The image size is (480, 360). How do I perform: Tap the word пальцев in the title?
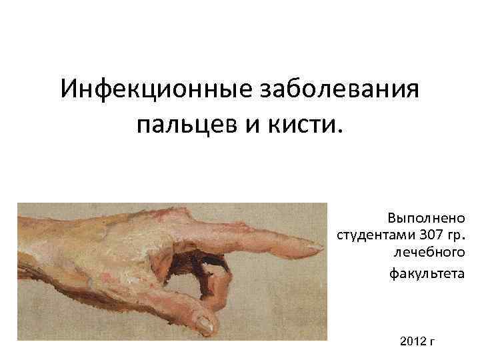176,124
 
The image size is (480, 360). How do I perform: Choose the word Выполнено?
427,218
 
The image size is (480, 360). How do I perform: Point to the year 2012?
413,341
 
